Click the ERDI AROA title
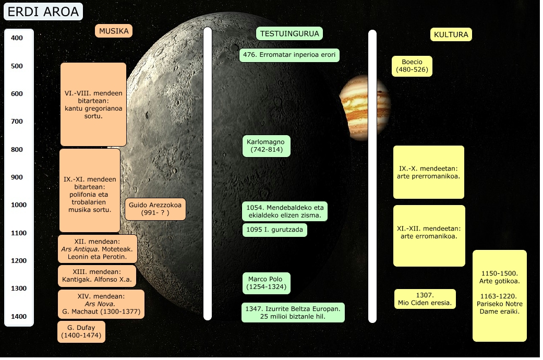(43, 11)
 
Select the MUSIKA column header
(114, 31)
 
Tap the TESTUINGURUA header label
(290, 33)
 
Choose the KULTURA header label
(451, 35)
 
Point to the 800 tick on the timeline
(17, 150)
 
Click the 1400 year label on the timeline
(18, 316)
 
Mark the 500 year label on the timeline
(17, 66)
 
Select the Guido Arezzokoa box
(155, 209)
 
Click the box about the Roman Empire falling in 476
(289, 55)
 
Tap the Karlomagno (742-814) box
(267, 146)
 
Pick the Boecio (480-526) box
(412, 66)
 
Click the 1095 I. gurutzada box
(275, 230)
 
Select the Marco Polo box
(266, 283)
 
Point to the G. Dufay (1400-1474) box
(81, 332)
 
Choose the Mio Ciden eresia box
(425, 299)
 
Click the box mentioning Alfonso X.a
(96, 276)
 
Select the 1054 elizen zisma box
(285, 211)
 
